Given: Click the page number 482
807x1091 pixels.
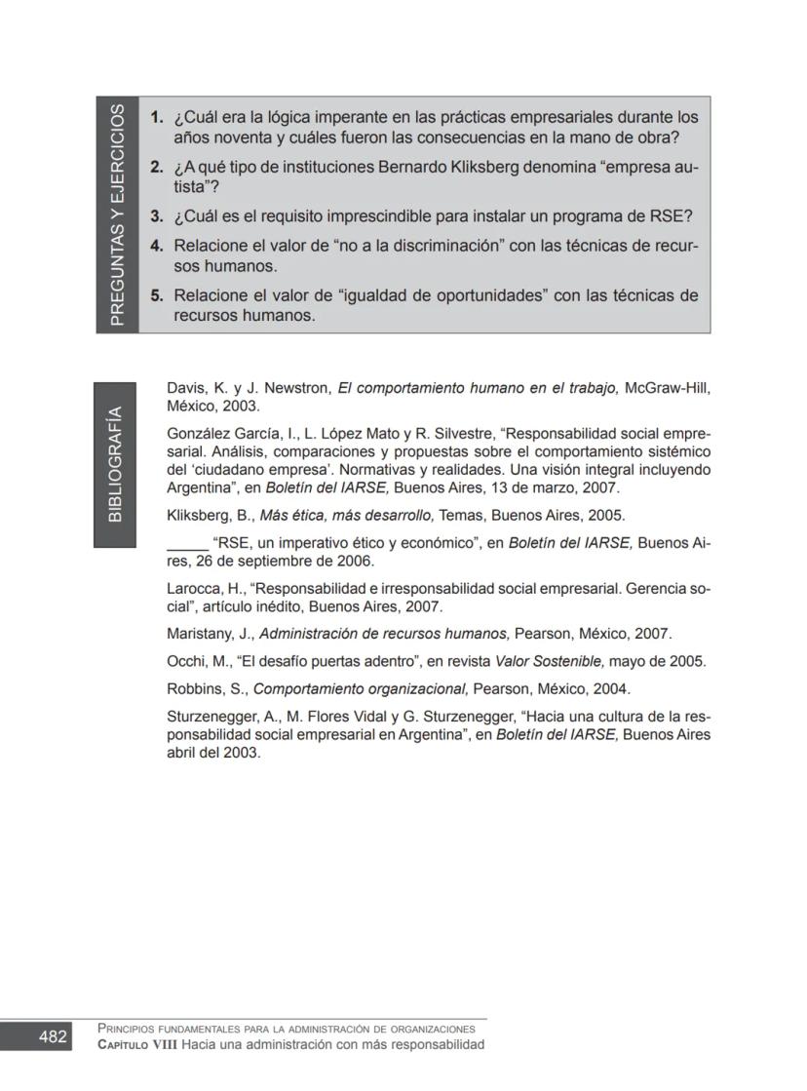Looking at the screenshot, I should click(53, 1036).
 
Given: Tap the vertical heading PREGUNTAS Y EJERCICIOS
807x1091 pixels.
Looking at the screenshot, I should click(117, 214).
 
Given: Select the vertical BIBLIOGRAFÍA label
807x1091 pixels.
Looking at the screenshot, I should click(114, 464).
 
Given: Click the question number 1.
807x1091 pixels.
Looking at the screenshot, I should click(156, 117).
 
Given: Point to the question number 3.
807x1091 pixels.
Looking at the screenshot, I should click(156, 215).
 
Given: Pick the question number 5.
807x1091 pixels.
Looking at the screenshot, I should click(156, 294).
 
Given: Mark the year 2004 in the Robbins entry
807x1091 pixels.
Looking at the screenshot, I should click(610, 688).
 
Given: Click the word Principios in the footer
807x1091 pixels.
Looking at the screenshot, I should click(128, 1029).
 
